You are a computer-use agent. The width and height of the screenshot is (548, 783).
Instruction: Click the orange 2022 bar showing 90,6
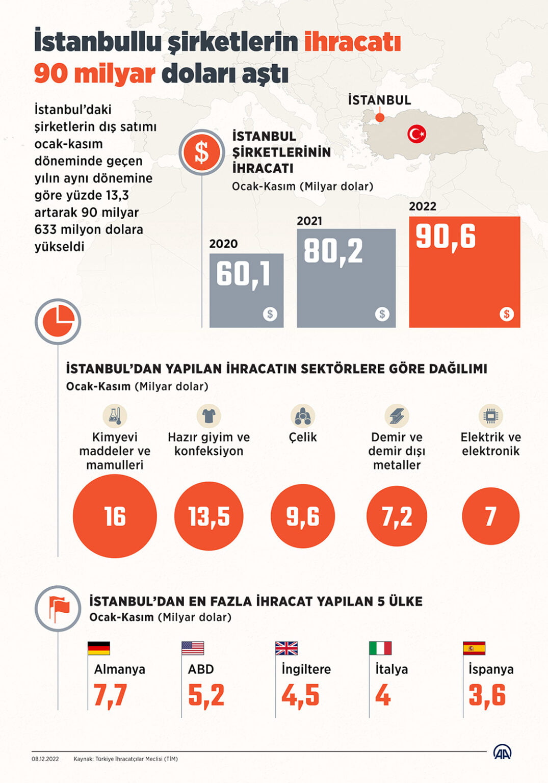click(x=464, y=272)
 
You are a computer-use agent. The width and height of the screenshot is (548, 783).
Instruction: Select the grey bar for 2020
click(x=246, y=290)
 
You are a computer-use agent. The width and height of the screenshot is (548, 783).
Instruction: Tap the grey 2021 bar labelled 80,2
click(x=346, y=278)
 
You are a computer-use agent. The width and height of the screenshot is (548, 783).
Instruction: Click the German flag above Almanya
click(x=99, y=648)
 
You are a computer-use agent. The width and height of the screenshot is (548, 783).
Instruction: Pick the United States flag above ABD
click(x=193, y=648)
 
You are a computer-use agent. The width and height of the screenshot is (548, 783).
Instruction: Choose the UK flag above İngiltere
click(x=286, y=648)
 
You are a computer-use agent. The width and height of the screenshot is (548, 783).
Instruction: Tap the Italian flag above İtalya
click(x=380, y=648)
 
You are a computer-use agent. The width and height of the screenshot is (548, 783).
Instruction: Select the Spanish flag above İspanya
click(x=474, y=648)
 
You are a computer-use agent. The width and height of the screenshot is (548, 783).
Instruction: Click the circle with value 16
click(x=115, y=516)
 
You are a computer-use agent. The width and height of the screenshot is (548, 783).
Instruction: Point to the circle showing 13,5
click(x=209, y=516)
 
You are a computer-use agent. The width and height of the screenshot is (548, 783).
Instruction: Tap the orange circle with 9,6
click(x=303, y=516)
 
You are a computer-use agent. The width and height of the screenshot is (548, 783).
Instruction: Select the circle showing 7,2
click(x=397, y=516)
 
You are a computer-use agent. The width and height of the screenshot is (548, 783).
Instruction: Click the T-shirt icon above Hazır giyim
click(x=208, y=415)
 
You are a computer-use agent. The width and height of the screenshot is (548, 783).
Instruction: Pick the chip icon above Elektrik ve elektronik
click(x=490, y=415)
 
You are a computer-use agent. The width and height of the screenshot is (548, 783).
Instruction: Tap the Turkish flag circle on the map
click(x=416, y=134)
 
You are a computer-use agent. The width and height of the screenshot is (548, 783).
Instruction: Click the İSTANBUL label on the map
click(x=379, y=100)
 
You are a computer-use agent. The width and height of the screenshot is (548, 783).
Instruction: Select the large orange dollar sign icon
click(x=202, y=152)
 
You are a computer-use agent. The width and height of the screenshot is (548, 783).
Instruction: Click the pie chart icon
click(x=58, y=322)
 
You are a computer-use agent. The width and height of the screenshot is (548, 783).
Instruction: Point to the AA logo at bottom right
click(x=502, y=752)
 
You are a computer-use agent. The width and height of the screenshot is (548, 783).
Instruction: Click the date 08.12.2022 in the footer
click(x=45, y=759)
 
